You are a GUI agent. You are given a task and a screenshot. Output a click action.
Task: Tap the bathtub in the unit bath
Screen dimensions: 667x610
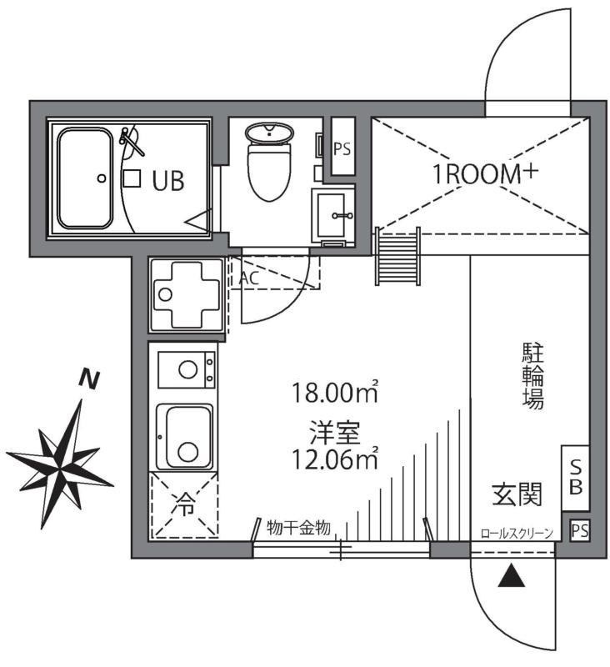(85, 178)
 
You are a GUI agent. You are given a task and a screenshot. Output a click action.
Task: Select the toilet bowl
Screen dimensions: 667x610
(268, 163)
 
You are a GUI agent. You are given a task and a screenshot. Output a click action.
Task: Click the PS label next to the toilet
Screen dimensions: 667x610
(342, 149)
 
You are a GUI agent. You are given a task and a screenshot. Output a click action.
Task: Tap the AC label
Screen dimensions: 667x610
(248, 278)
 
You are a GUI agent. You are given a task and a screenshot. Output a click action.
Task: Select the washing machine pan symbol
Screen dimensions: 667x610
(185, 294)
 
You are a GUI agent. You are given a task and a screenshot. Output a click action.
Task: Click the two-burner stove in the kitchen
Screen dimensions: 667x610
(186, 370)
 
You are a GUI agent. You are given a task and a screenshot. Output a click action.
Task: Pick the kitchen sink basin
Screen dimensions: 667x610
(187, 437)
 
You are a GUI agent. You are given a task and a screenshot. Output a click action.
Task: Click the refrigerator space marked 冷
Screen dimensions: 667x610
(183, 504)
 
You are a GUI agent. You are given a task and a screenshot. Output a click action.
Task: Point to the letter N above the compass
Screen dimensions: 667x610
(88, 380)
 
